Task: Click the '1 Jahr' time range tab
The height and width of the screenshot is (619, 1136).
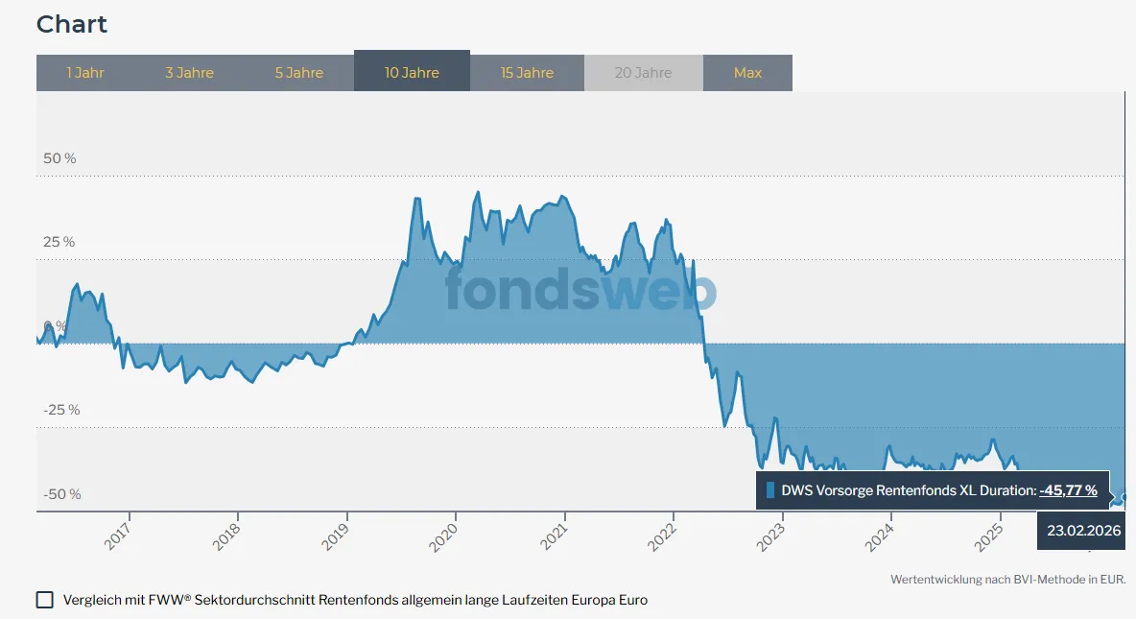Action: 85,73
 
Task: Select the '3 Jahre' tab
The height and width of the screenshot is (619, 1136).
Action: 189,73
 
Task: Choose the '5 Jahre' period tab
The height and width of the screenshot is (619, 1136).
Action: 299,73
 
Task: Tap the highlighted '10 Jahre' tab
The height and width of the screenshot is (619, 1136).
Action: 412,73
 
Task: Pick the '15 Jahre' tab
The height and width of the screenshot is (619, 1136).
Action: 527,73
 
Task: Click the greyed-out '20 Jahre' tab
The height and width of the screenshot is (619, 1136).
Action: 643,73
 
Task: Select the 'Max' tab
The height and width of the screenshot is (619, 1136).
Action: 747,73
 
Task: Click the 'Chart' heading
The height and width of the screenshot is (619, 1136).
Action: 72,25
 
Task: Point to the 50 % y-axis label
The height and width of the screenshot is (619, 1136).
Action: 59,157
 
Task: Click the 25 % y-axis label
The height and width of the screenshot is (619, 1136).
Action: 59,242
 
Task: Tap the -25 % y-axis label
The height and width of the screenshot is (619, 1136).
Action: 61,410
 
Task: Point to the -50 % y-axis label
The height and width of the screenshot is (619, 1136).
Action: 61,494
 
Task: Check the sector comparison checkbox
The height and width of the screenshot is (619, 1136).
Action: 45,600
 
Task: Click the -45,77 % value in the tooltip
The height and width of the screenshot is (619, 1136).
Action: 1068,490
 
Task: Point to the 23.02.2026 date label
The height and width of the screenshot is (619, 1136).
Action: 1083,531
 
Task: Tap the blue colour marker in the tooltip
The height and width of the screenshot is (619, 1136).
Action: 770,490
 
